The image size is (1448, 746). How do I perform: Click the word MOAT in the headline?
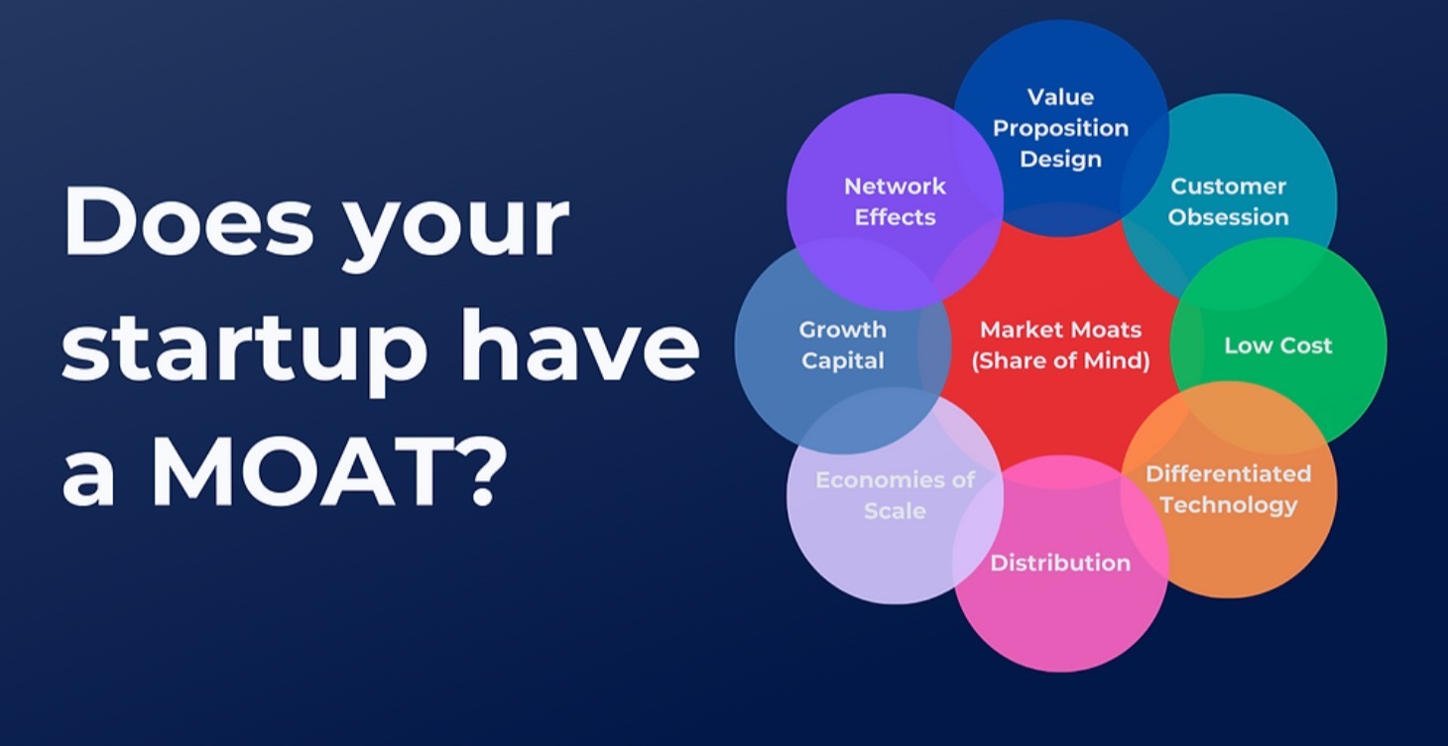271,469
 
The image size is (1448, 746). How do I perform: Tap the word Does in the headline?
188,222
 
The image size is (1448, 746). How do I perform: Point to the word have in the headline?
580,346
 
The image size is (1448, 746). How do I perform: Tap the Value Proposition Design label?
1061,129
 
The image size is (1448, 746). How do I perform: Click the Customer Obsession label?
1228,201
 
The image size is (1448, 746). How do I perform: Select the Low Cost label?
1278,345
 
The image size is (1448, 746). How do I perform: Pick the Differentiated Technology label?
1228,489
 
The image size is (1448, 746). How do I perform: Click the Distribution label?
1060,562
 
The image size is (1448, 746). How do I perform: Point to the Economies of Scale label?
895,495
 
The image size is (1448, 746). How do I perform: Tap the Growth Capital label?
842,345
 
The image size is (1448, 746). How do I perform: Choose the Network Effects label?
895,201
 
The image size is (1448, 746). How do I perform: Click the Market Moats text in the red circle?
1061,329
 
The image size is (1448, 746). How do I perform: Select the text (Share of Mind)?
1061,361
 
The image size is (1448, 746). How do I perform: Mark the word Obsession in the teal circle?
1228,217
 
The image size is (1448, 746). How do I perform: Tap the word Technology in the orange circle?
1228,505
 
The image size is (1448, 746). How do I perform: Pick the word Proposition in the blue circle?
1061,129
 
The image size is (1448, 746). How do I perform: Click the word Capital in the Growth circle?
842,361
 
